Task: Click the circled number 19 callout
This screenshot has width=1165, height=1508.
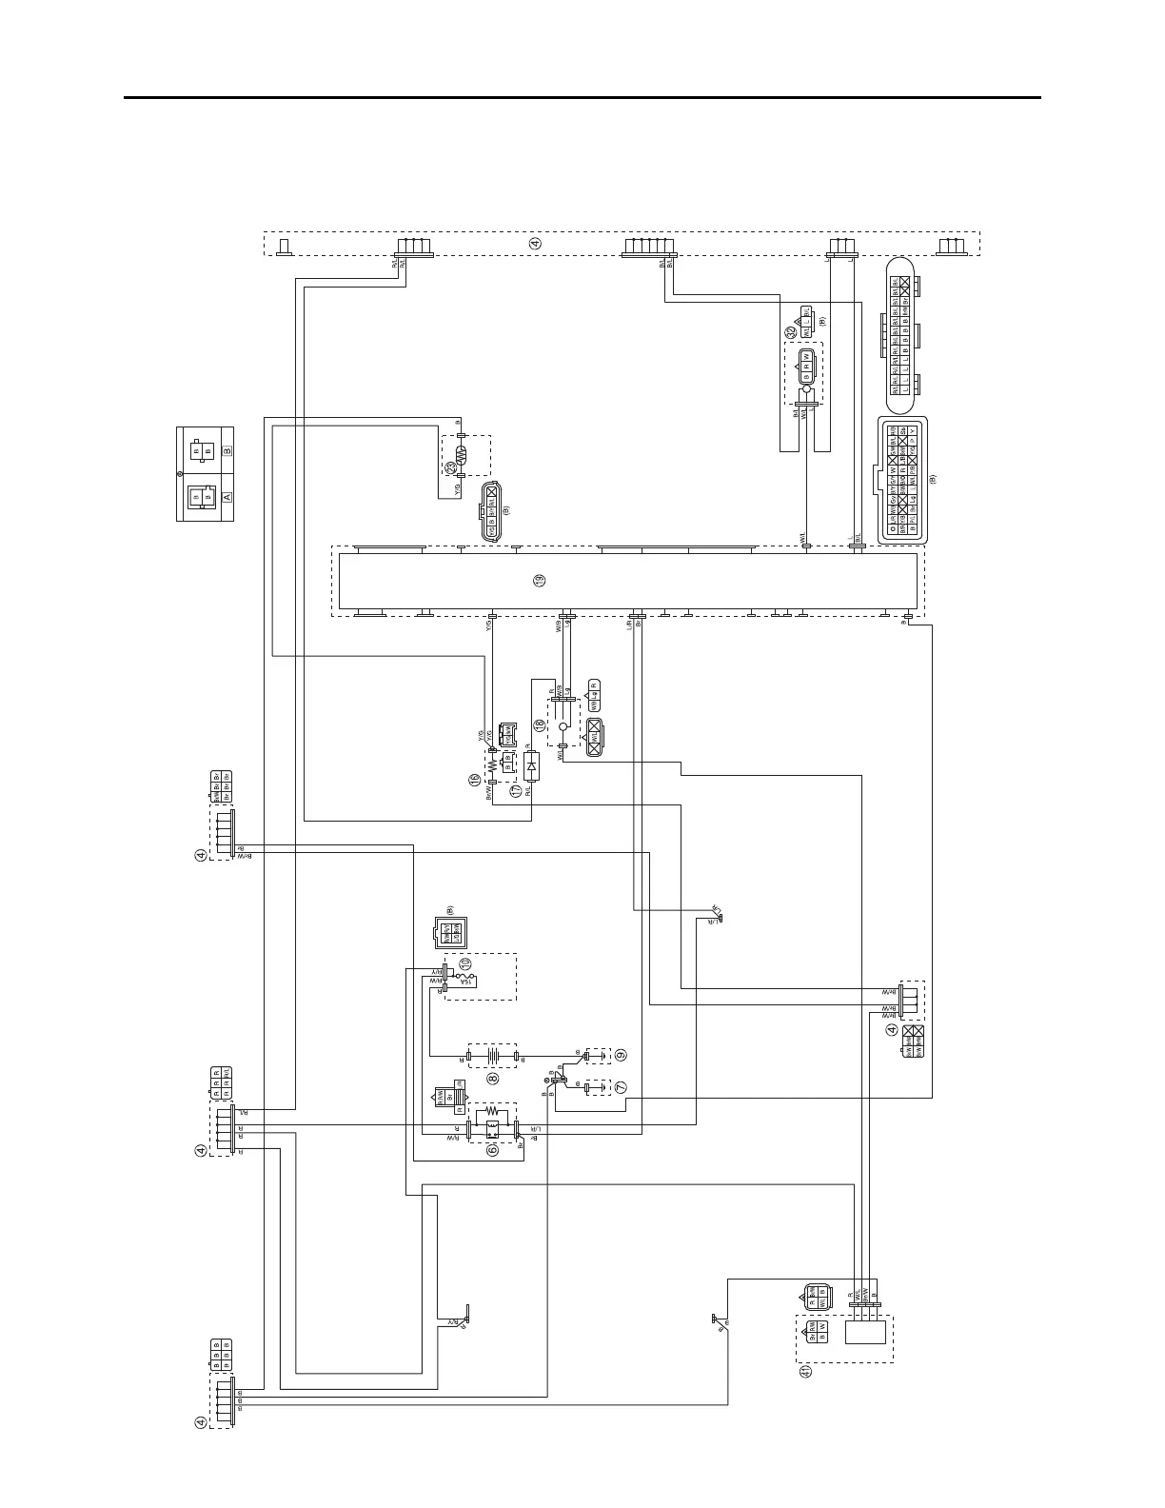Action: (540, 581)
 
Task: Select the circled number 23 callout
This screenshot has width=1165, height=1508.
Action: (450, 467)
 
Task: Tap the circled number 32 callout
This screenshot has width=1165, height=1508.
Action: (790, 332)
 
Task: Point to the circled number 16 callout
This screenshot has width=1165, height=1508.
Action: (473, 780)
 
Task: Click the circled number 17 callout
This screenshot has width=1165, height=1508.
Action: (516, 789)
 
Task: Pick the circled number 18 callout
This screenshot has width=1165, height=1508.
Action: (540, 725)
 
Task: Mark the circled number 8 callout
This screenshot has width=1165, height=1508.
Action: (493, 1078)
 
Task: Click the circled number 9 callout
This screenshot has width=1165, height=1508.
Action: (621, 1055)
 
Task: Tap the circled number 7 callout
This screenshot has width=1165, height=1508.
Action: (621, 1086)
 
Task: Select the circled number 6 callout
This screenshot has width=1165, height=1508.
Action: (492, 1149)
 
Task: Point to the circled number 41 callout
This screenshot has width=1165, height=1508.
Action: (805, 1372)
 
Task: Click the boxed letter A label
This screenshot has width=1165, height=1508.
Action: (227, 496)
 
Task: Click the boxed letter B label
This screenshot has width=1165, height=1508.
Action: (227, 451)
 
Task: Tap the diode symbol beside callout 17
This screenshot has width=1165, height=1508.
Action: (532, 764)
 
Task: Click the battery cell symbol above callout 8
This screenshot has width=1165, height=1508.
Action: (493, 1056)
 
